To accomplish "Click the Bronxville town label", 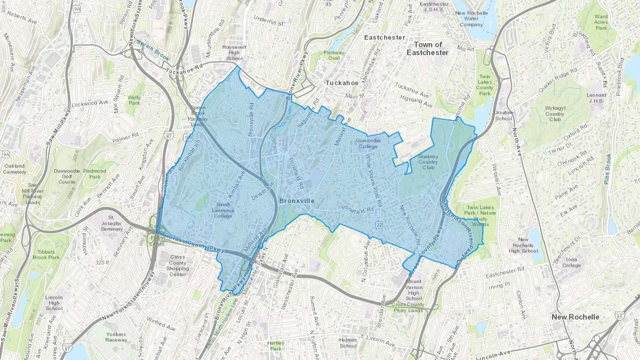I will pos(297,201).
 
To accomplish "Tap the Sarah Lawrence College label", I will pos(223,210).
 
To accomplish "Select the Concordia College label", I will pos(368,143).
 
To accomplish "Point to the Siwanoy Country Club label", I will pos(428,162).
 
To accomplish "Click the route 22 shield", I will pos(379,225).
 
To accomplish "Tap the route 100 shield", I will pos(188,137).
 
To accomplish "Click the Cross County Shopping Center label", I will pos(177,265).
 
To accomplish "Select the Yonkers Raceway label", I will pos(116,337).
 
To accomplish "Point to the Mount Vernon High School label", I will pos(414,290).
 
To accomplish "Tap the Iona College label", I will pos(571,262).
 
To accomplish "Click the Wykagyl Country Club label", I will pos(555,114).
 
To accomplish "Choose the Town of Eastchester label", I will pos(428,49).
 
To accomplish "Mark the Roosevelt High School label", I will pos(234,53).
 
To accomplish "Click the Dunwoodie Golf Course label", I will pos(67,176).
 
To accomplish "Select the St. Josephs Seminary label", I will pos(112,223).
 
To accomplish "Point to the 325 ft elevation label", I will pos(102,262).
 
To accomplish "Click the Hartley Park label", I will pos(276,346).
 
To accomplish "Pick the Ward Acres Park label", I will pos(601,22).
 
